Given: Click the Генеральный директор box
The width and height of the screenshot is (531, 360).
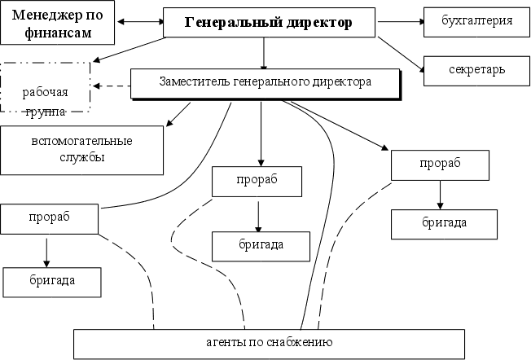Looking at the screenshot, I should tap(269, 23).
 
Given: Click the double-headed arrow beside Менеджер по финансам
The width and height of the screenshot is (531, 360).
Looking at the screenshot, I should tap(140, 22).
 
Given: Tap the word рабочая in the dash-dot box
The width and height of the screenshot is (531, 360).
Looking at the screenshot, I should tap(46, 92).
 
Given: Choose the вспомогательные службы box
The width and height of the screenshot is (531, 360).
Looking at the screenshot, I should tap(81, 149).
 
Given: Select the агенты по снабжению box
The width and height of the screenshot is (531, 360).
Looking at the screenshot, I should tap(269, 343).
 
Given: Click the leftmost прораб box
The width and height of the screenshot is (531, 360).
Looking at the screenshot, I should tap(49, 217).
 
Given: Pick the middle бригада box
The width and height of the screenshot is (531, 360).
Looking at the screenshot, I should tap(261, 244).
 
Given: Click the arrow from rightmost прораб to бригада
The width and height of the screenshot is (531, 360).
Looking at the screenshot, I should tap(441, 194).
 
